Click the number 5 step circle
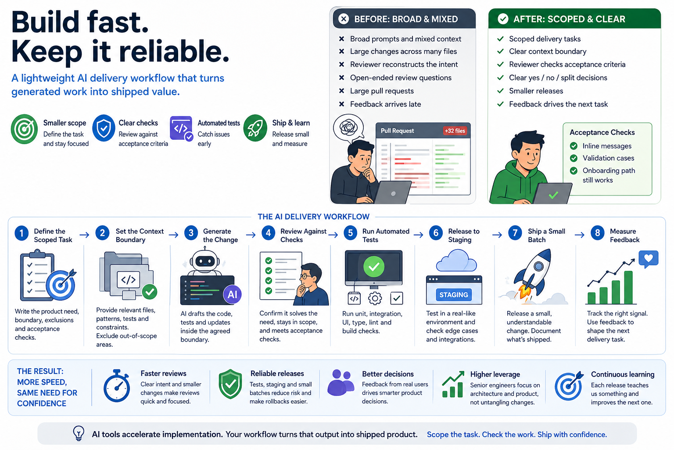(350, 233)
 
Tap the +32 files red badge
(455, 131)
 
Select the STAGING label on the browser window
(454, 295)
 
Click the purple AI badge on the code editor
(232, 294)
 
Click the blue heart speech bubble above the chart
(649, 258)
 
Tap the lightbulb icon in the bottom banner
(79, 433)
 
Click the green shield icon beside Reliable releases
(230, 385)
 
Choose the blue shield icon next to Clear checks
(104, 128)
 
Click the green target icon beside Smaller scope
(24, 129)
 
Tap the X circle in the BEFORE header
(344, 19)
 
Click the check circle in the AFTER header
(503, 19)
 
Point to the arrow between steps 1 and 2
(84, 235)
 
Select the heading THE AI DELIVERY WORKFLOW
(313, 217)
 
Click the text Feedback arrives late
(385, 104)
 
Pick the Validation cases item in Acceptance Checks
(608, 158)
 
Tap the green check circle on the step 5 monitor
(374, 266)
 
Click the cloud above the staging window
(457, 261)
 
